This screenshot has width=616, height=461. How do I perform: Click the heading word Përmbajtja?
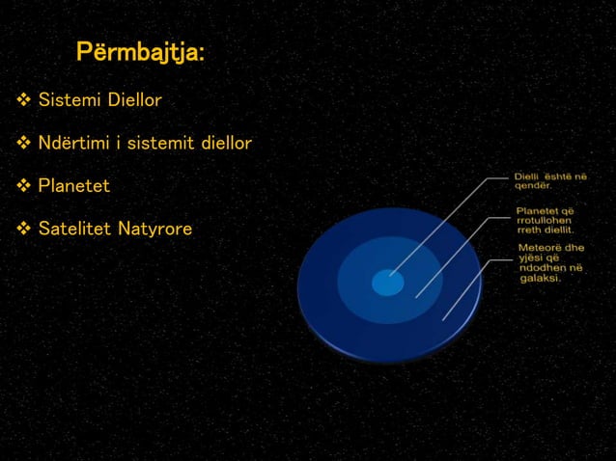[139, 53]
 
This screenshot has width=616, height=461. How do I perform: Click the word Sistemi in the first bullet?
[69, 99]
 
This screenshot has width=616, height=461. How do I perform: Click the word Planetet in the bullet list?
[73, 185]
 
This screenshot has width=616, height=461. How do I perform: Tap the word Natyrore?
[154, 229]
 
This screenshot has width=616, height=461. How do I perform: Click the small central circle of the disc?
[387, 283]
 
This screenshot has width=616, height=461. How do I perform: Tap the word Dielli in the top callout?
[526, 176]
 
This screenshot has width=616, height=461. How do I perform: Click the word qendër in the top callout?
[532, 187]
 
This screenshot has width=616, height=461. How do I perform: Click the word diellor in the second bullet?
[227, 143]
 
